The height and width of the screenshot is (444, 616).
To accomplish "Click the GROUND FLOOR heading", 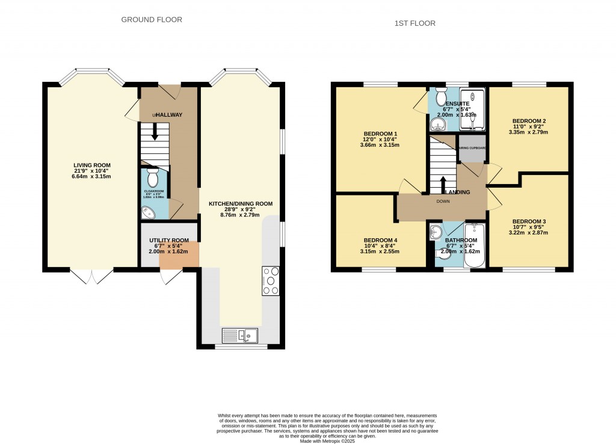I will (x=152, y=20).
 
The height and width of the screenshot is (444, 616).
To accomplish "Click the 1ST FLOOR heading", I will (x=414, y=23).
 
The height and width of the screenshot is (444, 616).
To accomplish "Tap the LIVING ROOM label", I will (x=92, y=165).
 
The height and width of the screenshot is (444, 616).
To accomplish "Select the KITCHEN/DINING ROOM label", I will (x=240, y=204).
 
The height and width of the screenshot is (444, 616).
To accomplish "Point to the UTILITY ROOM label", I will (x=168, y=240).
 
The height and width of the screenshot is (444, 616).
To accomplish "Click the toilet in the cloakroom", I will (x=153, y=177).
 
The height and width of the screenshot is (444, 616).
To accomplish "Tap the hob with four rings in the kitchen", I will (x=271, y=281).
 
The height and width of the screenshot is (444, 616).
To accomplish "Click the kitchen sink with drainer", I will (x=239, y=335).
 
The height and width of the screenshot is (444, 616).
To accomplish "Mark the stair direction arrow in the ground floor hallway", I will (x=155, y=132).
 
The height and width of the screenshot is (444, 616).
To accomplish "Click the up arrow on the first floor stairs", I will (x=443, y=183).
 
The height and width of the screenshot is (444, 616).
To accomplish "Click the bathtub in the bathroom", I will (x=473, y=245).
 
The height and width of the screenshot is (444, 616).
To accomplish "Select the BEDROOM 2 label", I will (x=529, y=121).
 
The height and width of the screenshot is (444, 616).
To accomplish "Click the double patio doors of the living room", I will (x=91, y=276).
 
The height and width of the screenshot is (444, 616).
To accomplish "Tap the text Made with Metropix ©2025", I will (x=327, y=440).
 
